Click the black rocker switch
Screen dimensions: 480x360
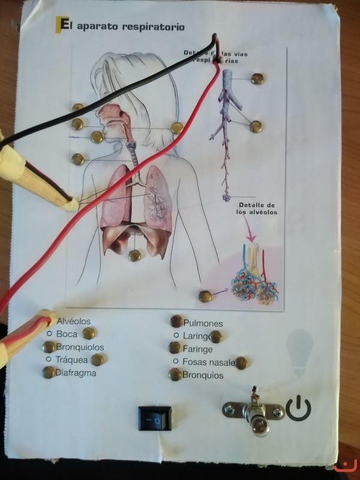(x=154, y=418)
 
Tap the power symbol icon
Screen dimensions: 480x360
(x=298, y=409)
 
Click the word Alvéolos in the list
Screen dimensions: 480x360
(x=73, y=322)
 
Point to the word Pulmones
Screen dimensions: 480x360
(x=203, y=323)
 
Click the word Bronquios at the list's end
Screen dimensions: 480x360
(x=203, y=376)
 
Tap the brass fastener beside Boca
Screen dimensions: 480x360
(x=89, y=333)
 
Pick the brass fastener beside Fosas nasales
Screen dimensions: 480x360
(x=242, y=362)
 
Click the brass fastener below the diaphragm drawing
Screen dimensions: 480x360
(x=135, y=256)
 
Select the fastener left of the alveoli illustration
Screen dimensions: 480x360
(x=206, y=295)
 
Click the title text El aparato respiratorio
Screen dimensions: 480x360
(x=120, y=26)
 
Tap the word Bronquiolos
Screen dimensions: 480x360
(x=80, y=347)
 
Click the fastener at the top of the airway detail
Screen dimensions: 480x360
(x=257, y=78)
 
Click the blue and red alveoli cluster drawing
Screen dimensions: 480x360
(x=255, y=278)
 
